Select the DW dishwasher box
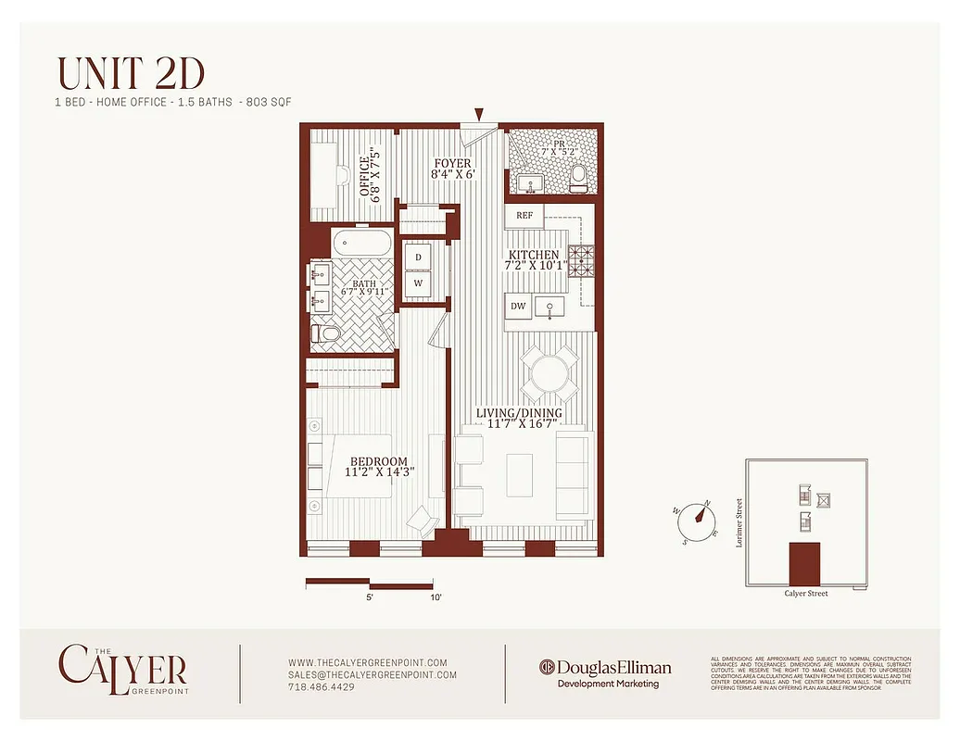pos(518,307)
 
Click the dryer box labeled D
pos(418,257)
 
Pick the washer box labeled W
pos(418,283)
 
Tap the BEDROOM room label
pos(378,462)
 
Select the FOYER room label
pos(453,163)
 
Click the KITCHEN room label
pos(533,255)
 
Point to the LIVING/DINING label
pos(519,413)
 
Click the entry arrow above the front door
pos(479,115)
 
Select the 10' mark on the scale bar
pos(436,598)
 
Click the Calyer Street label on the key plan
pos(805,594)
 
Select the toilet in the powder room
pos(579,176)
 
